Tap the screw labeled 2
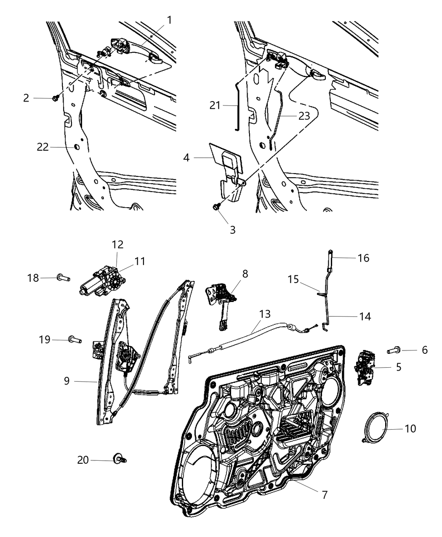click(55, 98)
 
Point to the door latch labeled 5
click(365, 366)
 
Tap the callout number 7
click(324, 495)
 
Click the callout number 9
click(67, 381)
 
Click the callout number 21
click(215, 105)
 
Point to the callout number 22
click(43, 147)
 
